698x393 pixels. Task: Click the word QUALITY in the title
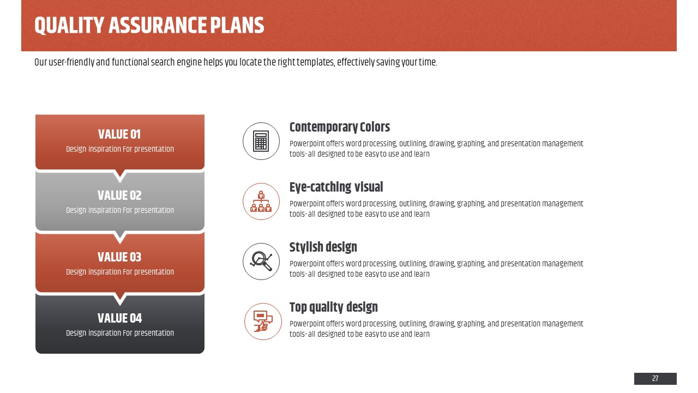[69, 26]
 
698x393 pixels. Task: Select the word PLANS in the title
[237, 25]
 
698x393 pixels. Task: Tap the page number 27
[655, 378]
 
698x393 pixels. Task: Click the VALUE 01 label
[119, 134]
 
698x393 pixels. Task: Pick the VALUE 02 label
[119, 195]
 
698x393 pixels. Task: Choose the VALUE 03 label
[119, 257]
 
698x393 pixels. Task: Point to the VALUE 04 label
[119, 318]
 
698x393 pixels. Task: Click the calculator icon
[261, 141]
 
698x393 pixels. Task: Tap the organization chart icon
[261, 201]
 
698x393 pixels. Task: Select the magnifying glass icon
[261, 261]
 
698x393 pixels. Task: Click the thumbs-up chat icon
[263, 321]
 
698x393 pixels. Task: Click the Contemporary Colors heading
[340, 127]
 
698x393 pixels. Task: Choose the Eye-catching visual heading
[336, 187]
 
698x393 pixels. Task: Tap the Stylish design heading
[323, 247]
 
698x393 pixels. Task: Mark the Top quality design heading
[333, 307]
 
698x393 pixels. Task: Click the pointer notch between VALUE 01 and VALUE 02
[119, 176]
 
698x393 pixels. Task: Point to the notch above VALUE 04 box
[119, 299]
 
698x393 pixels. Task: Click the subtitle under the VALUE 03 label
[120, 272]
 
